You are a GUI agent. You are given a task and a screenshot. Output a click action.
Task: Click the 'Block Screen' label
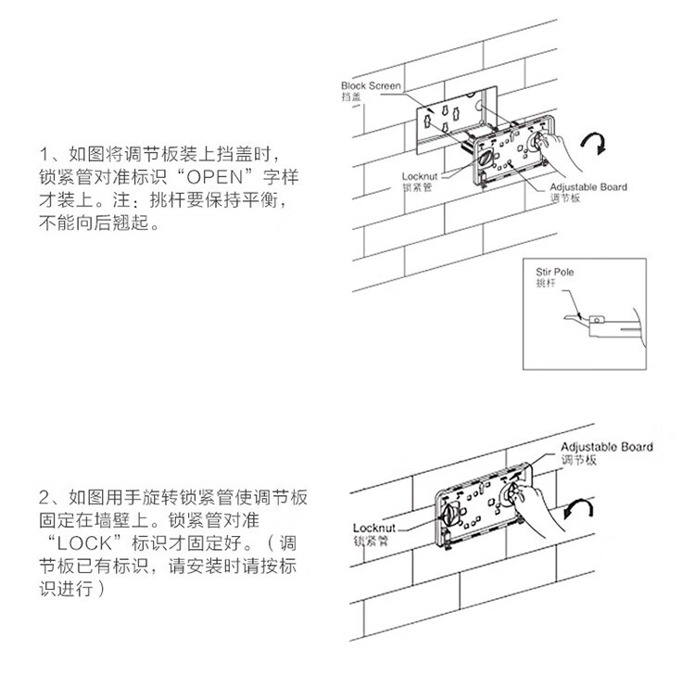point(371,85)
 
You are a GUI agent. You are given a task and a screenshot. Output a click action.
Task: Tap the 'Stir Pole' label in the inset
point(556,272)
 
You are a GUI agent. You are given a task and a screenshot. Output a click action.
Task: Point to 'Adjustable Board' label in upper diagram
point(588,187)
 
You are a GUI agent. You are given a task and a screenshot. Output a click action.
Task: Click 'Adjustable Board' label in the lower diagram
point(606,447)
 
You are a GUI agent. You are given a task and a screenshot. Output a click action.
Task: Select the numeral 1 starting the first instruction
point(43,153)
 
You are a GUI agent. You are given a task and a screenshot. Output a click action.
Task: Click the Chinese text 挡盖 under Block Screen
point(350,96)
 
